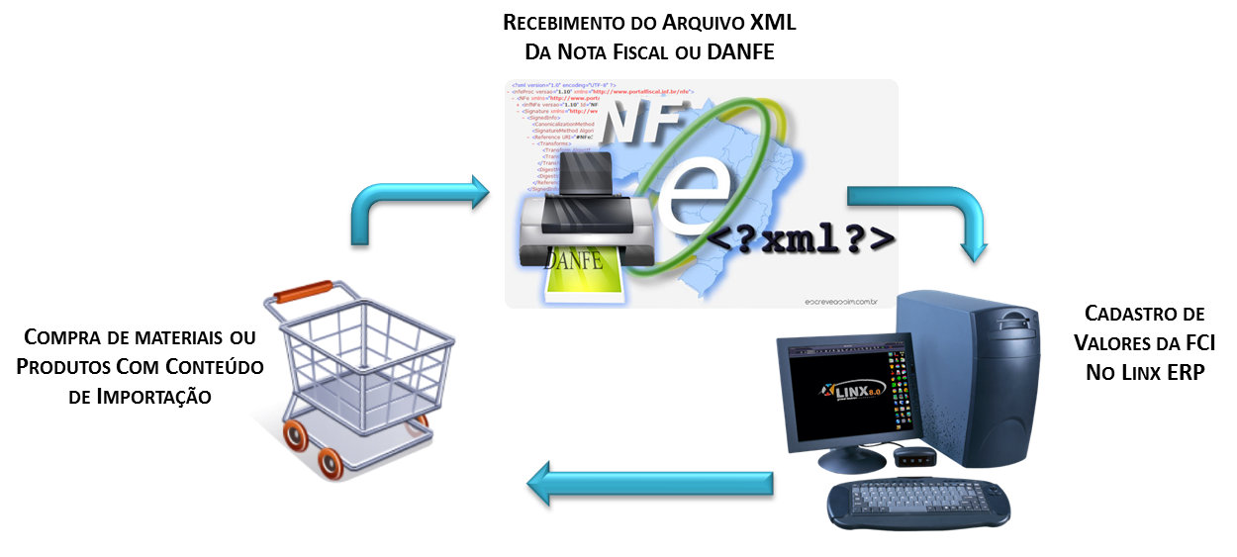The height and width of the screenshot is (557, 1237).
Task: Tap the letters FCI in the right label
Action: (1195, 343)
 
